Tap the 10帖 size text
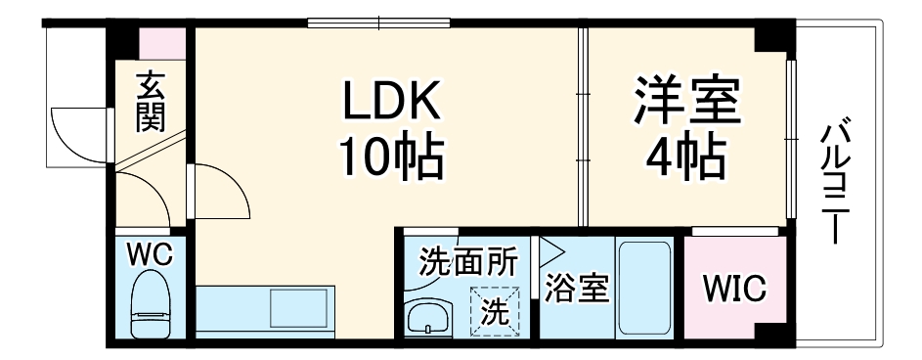(391, 157)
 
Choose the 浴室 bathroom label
(577, 290)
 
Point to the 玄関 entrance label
(150, 102)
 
